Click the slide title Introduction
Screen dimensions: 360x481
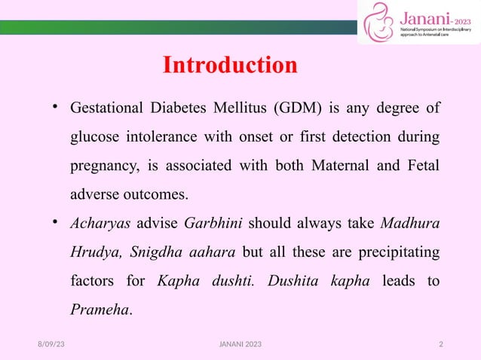tap(230, 66)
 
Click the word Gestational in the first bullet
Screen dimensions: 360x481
tap(106, 108)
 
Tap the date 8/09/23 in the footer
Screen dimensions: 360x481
tap(51, 344)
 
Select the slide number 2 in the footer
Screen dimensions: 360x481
tap(441, 344)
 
